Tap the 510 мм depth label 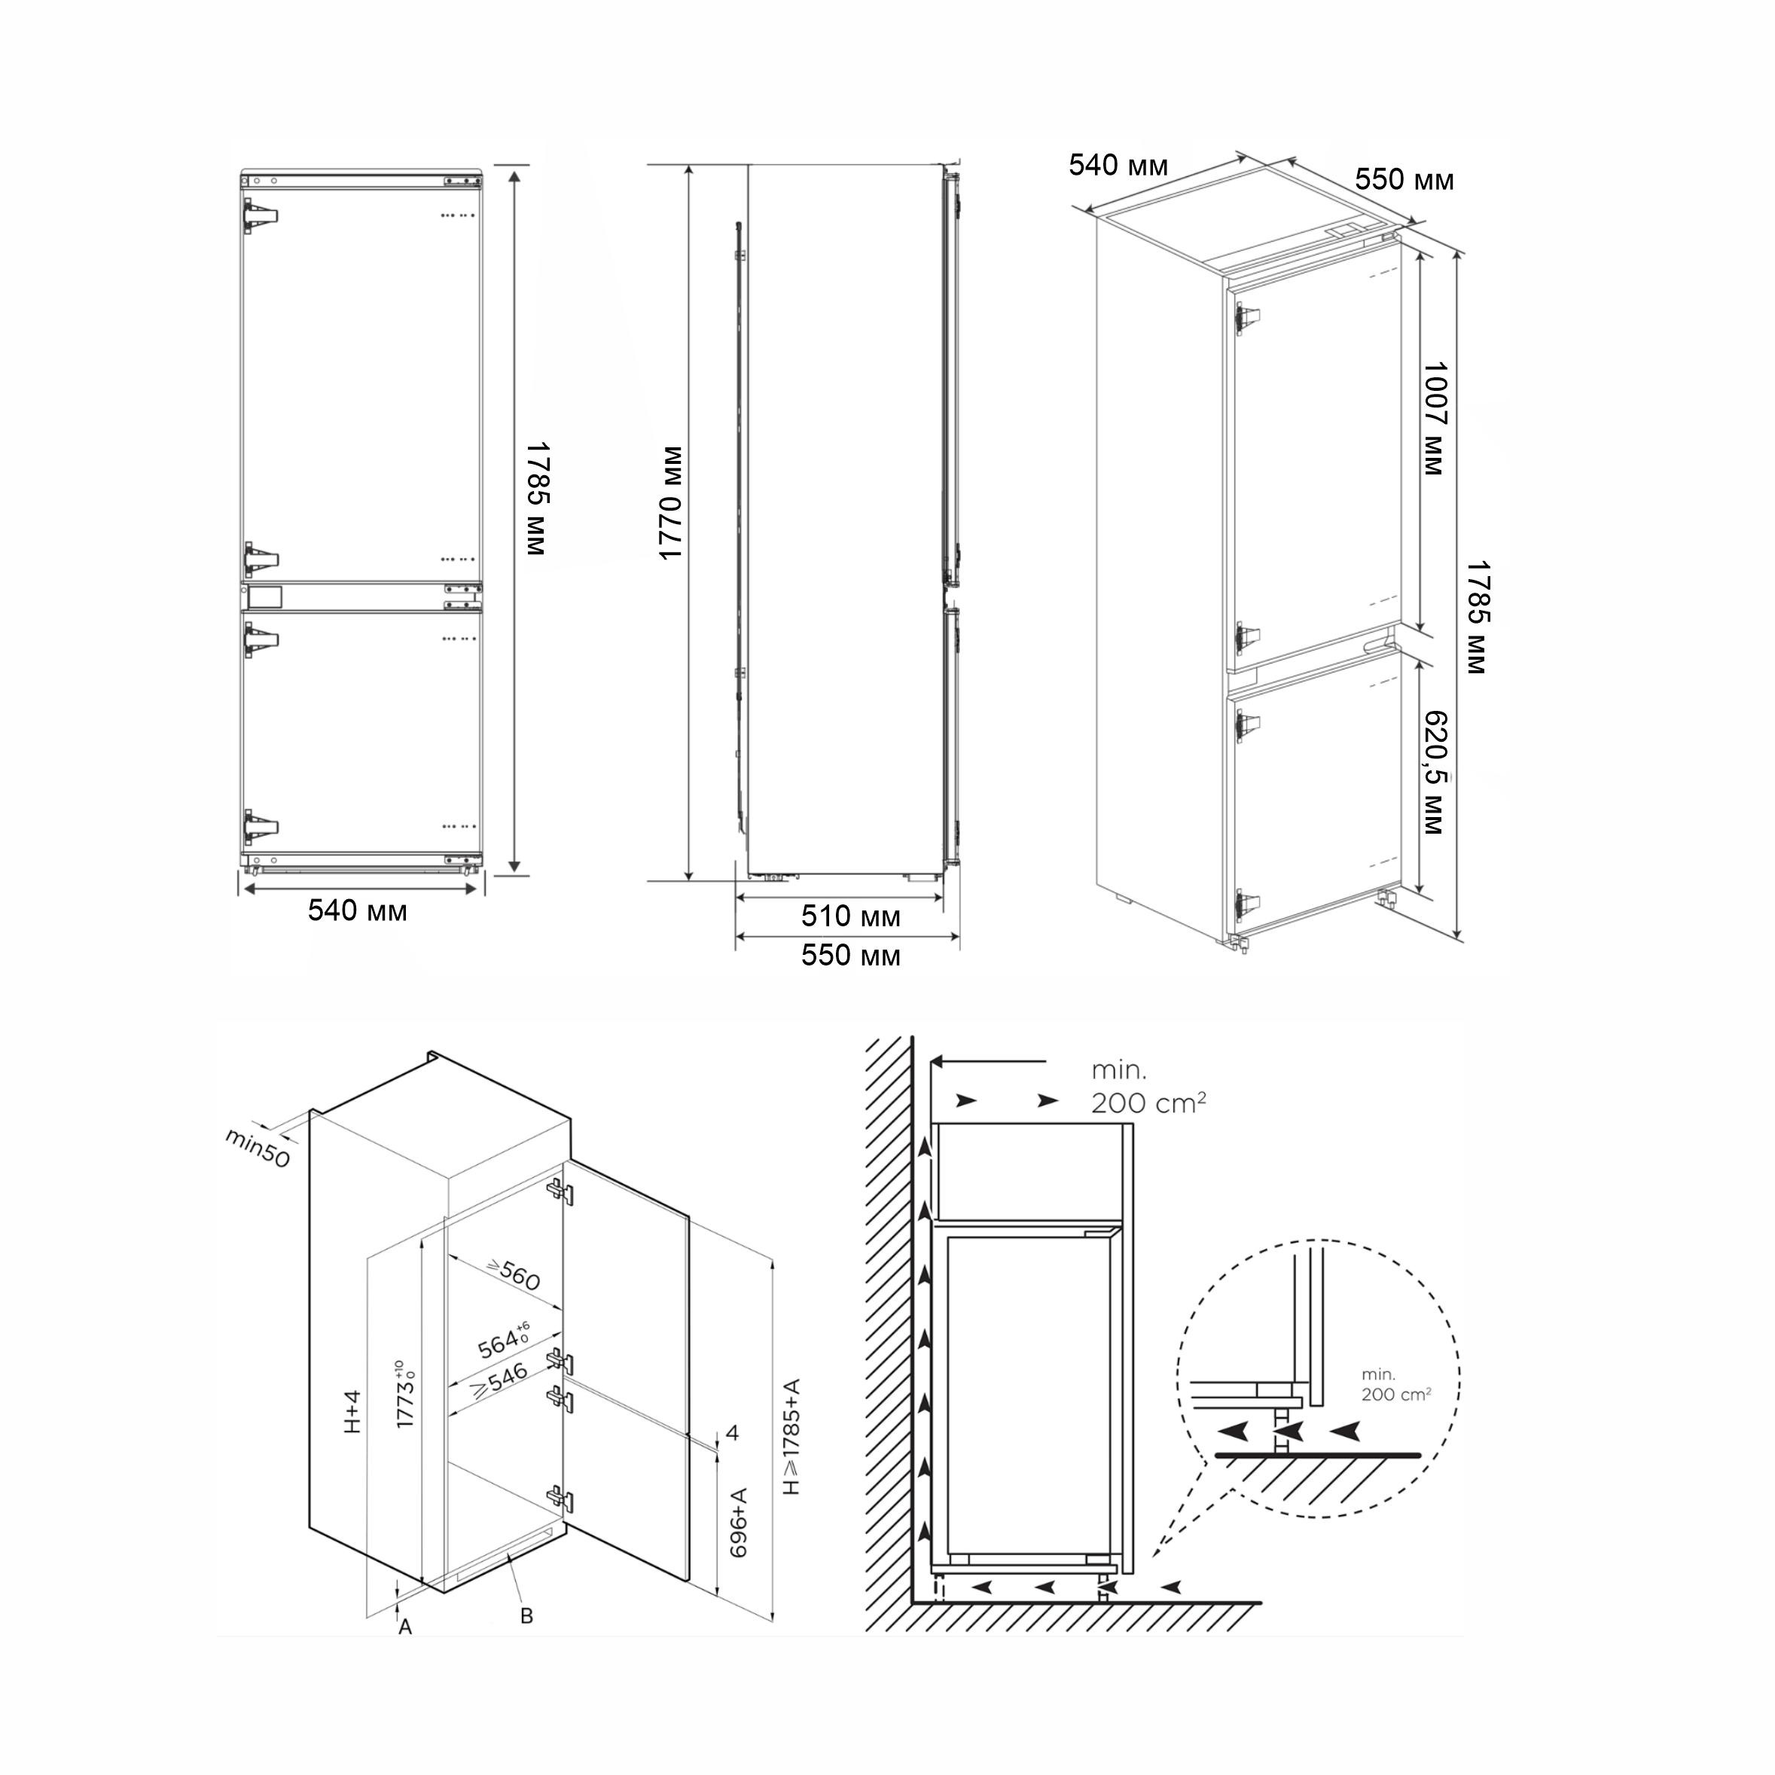pos(851,916)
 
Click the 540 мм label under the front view pos(358,910)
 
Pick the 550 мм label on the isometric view pos(1404,179)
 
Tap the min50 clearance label pos(258,1148)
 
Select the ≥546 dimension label pos(499,1381)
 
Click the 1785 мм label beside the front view pos(538,499)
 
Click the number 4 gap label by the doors pos(732,1432)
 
